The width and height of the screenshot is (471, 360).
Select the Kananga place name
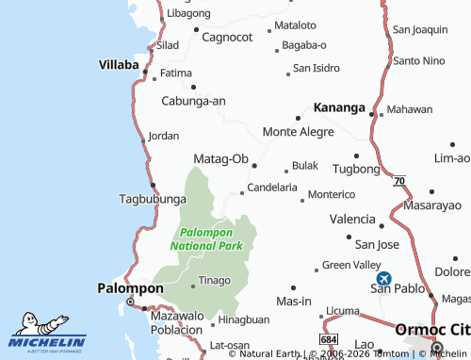click(333, 107)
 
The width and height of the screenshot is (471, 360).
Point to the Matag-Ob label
click(220, 158)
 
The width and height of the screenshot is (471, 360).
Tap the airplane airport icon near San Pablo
click(384, 279)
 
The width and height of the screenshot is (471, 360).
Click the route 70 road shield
click(400, 179)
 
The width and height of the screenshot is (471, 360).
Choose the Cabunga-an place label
click(194, 101)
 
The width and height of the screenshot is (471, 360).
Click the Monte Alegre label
click(298, 132)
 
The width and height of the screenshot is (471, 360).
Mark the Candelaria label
click(272, 188)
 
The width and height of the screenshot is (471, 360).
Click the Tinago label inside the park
click(213, 280)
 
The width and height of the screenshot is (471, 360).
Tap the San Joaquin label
click(419, 30)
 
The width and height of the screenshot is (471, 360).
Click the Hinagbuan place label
click(243, 319)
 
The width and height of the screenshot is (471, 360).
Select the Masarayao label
click(432, 205)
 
